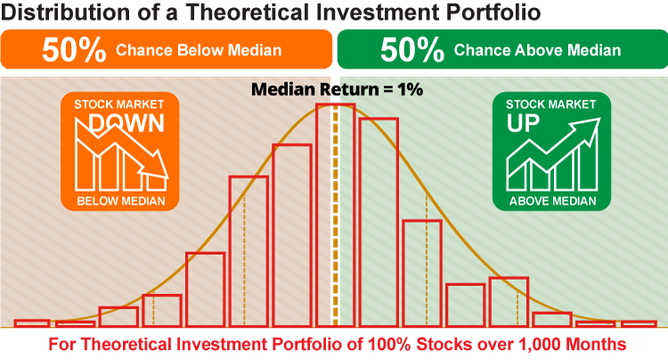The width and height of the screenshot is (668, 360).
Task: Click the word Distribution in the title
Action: tap(66, 12)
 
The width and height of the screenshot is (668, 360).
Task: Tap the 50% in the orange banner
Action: tap(74, 50)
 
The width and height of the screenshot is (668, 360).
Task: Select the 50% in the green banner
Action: tap(412, 50)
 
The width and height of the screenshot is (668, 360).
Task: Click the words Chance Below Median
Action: tap(199, 50)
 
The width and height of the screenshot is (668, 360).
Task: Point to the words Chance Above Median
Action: tap(537, 50)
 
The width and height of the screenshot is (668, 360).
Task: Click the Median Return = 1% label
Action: tap(337, 89)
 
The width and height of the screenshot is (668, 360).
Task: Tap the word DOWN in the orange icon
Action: tap(127, 124)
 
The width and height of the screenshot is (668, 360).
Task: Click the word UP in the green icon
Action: tap(523, 124)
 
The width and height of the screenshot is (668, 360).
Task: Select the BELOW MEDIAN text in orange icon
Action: tap(121, 201)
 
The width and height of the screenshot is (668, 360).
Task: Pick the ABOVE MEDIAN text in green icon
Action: tap(552, 201)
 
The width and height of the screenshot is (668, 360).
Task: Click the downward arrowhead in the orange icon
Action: tap(154, 166)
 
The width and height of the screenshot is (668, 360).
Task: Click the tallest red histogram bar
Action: tap(335, 215)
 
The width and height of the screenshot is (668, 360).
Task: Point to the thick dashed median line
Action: tap(335, 215)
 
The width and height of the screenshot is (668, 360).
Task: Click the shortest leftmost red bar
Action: tap(32, 323)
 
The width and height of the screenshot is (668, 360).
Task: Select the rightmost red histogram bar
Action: tap(639, 324)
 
